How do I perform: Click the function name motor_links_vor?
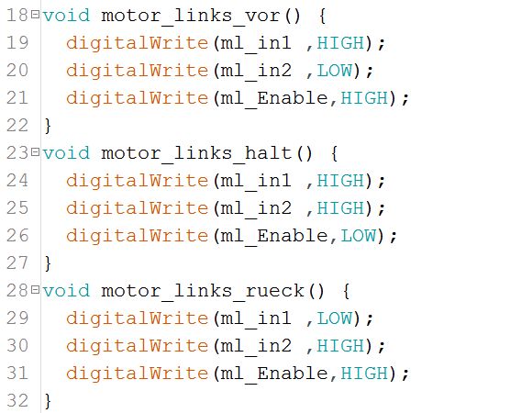click(x=191, y=16)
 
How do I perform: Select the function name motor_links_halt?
click(x=196, y=153)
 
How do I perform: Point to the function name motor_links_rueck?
click(x=203, y=291)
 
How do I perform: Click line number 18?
click(x=17, y=16)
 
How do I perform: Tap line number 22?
click(x=17, y=126)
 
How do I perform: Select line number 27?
click(x=17, y=263)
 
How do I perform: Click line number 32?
click(x=17, y=400)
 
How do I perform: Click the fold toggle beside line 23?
click(x=35, y=152)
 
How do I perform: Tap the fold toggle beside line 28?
click(x=35, y=289)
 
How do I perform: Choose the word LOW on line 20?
click(x=335, y=71)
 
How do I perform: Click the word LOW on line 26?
click(x=359, y=236)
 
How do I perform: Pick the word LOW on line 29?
click(x=335, y=318)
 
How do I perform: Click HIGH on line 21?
click(x=364, y=98)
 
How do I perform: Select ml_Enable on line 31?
click(x=274, y=374)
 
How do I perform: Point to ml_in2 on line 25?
click(x=256, y=209)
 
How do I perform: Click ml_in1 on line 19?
click(x=256, y=44)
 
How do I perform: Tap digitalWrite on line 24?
click(x=137, y=182)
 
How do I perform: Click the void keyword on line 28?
click(x=66, y=291)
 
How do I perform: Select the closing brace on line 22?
click(x=48, y=126)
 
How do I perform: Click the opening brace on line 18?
click(x=322, y=16)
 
